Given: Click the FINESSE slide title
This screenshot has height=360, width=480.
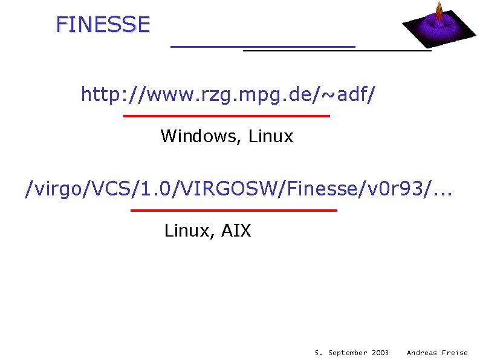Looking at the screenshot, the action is point(102,24).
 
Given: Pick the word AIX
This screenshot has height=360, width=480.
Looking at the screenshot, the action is point(236,231).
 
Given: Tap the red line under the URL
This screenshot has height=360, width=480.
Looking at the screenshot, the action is point(226,116).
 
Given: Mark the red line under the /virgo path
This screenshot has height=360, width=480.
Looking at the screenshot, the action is point(233,210).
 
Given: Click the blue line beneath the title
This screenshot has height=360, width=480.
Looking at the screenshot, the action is point(263,46).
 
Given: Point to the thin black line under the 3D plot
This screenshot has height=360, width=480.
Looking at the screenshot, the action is point(337,51).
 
